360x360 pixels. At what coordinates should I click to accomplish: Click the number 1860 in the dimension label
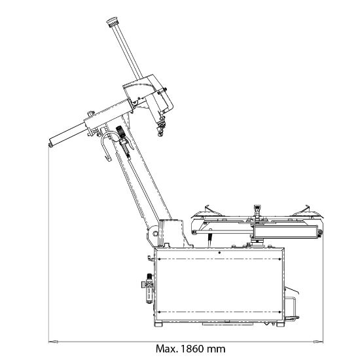[x=192, y=349]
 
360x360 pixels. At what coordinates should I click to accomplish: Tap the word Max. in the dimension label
[x=167, y=349]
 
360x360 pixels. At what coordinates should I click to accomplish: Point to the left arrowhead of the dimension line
[x=53, y=342]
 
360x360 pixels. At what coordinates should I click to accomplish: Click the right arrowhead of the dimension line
[x=318, y=342]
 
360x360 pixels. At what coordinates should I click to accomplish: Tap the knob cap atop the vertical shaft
[x=113, y=22]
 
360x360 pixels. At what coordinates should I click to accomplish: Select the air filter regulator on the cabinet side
[x=149, y=288]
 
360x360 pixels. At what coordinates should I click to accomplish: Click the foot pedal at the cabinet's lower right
[x=291, y=317]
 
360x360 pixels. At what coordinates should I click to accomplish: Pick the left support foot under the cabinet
[x=158, y=324]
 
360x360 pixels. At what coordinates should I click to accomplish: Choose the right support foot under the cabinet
[x=280, y=324]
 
